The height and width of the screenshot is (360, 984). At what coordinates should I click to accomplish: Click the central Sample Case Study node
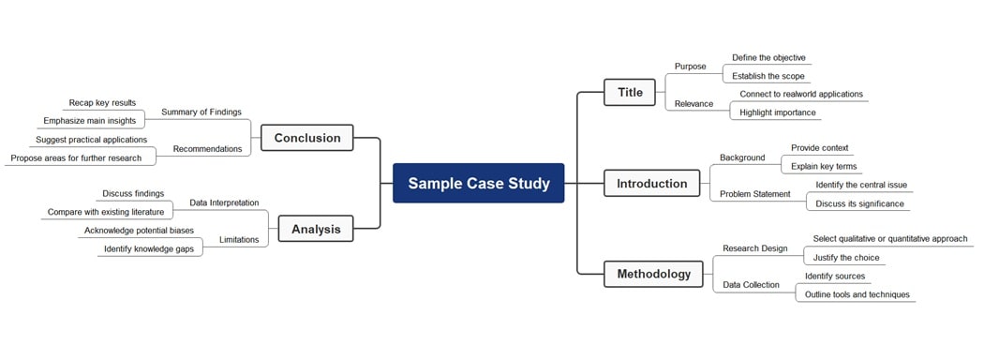(x=478, y=183)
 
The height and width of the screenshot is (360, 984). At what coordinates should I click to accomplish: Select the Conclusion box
(x=306, y=138)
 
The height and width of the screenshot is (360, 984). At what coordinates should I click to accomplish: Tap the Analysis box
(x=316, y=229)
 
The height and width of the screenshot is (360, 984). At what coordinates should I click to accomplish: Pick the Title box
(x=630, y=92)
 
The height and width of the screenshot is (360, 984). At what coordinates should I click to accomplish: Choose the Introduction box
(x=651, y=184)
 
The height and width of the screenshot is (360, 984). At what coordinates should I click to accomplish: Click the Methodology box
(x=653, y=275)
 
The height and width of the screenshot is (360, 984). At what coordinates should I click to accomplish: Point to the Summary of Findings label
(x=201, y=112)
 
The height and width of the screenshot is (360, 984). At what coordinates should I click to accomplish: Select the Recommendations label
(x=207, y=148)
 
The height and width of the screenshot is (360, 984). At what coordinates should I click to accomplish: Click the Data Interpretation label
(x=224, y=202)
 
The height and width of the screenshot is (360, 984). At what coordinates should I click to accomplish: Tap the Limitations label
(x=239, y=240)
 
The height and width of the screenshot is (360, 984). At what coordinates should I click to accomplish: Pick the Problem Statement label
(x=754, y=194)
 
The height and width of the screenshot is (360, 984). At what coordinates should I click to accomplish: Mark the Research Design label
(x=754, y=248)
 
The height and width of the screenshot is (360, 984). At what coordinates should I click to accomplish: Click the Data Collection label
(x=751, y=285)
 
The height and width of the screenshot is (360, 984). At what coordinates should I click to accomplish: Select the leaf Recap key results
(x=102, y=103)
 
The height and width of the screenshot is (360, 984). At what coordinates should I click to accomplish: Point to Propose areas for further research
(x=76, y=158)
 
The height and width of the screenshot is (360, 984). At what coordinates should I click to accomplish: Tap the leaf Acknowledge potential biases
(x=139, y=231)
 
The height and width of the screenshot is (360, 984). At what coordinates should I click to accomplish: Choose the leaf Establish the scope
(x=768, y=76)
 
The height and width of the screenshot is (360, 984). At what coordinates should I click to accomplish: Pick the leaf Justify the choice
(x=846, y=258)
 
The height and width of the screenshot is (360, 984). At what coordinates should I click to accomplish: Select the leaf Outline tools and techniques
(x=857, y=294)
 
